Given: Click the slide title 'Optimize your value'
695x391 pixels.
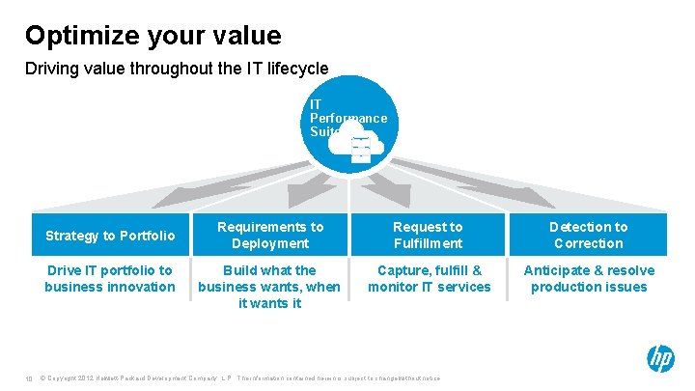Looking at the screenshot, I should (x=153, y=36).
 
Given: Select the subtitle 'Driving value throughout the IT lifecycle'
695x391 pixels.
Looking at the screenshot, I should (x=177, y=69).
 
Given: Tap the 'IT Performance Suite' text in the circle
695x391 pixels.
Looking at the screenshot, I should (x=347, y=118).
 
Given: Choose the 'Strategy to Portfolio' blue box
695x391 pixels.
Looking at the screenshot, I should (x=110, y=236).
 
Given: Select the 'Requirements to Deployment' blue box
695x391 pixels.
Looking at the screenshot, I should (x=270, y=236).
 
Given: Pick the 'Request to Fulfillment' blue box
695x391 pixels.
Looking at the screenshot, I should (x=428, y=236).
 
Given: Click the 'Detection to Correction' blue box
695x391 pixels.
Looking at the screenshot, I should (x=588, y=236).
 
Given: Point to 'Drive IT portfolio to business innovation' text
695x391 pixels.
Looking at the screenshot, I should (x=110, y=278).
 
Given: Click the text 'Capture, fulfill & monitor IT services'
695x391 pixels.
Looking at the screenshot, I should (x=429, y=278).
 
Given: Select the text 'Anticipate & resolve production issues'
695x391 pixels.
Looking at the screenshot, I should (x=588, y=278).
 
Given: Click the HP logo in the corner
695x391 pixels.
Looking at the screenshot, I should (x=660, y=359).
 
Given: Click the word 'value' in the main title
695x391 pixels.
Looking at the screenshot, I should (x=247, y=36).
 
